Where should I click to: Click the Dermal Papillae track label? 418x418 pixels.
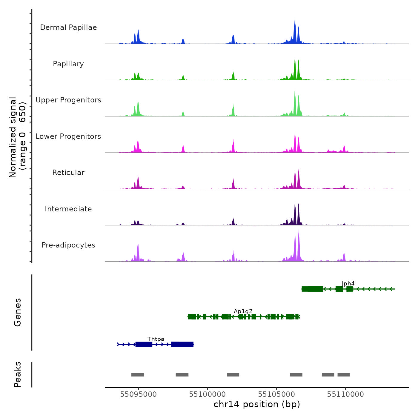tap(68, 27)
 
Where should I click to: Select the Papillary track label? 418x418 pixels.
tap(68, 64)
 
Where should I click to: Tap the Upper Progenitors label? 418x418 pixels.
tap(68, 100)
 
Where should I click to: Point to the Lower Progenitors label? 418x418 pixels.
tap(68, 136)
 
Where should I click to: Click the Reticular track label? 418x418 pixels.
tap(68, 173)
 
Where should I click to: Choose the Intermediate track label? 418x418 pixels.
tap(68, 209)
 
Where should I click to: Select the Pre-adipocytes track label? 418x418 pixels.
tap(68, 245)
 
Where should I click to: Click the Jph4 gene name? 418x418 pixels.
tap(348, 283)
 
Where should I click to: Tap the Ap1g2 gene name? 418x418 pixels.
tap(243, 311)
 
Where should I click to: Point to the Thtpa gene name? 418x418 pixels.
tap(156, 339)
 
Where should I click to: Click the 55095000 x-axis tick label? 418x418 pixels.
tap(138, 394)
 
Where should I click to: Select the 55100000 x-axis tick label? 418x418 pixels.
tap(208, 394)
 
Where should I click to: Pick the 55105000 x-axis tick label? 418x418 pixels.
tap(276, 394)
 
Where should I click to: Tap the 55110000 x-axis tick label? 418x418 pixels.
tap(345, 394)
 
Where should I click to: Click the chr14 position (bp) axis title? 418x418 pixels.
tap(257, 404)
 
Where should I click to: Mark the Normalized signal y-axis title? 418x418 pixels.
tap(17, 137)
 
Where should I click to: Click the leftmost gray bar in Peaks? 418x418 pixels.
tap(138, 375)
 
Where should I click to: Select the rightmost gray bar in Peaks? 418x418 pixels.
tap(343, 375)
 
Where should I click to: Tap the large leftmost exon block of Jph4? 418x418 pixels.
tap(312, 289)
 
